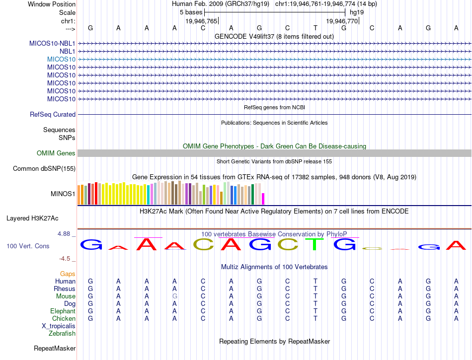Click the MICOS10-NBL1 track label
tap(52, 43)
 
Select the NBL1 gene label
tap(67, 51)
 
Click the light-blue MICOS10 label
tap(61, 59)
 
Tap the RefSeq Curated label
tap(53, 115)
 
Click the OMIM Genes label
tap(56, 153)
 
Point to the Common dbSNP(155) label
tap(44, 169)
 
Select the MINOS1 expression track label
tap(63, 194)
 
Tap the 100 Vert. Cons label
tap(28, 246)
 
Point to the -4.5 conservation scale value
tap(65, 259)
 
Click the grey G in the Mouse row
tap(174, 296)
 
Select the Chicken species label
tap(64, 319)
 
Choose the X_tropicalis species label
tap(59, 326)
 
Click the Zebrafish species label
tap(62, 334)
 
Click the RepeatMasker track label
tap(54, 349)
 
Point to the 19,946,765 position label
tap(201, 21)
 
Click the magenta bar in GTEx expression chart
tap(263, 198)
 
